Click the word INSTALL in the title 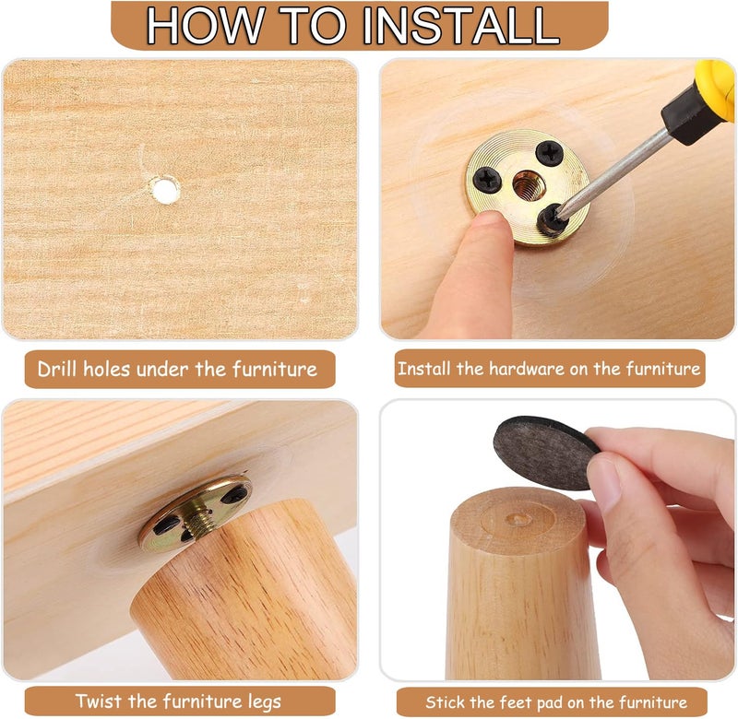461,26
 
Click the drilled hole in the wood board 164,190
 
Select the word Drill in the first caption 57,369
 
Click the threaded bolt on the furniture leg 196,519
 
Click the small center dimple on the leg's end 518,519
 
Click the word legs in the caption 264,702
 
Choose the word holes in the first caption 106,369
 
